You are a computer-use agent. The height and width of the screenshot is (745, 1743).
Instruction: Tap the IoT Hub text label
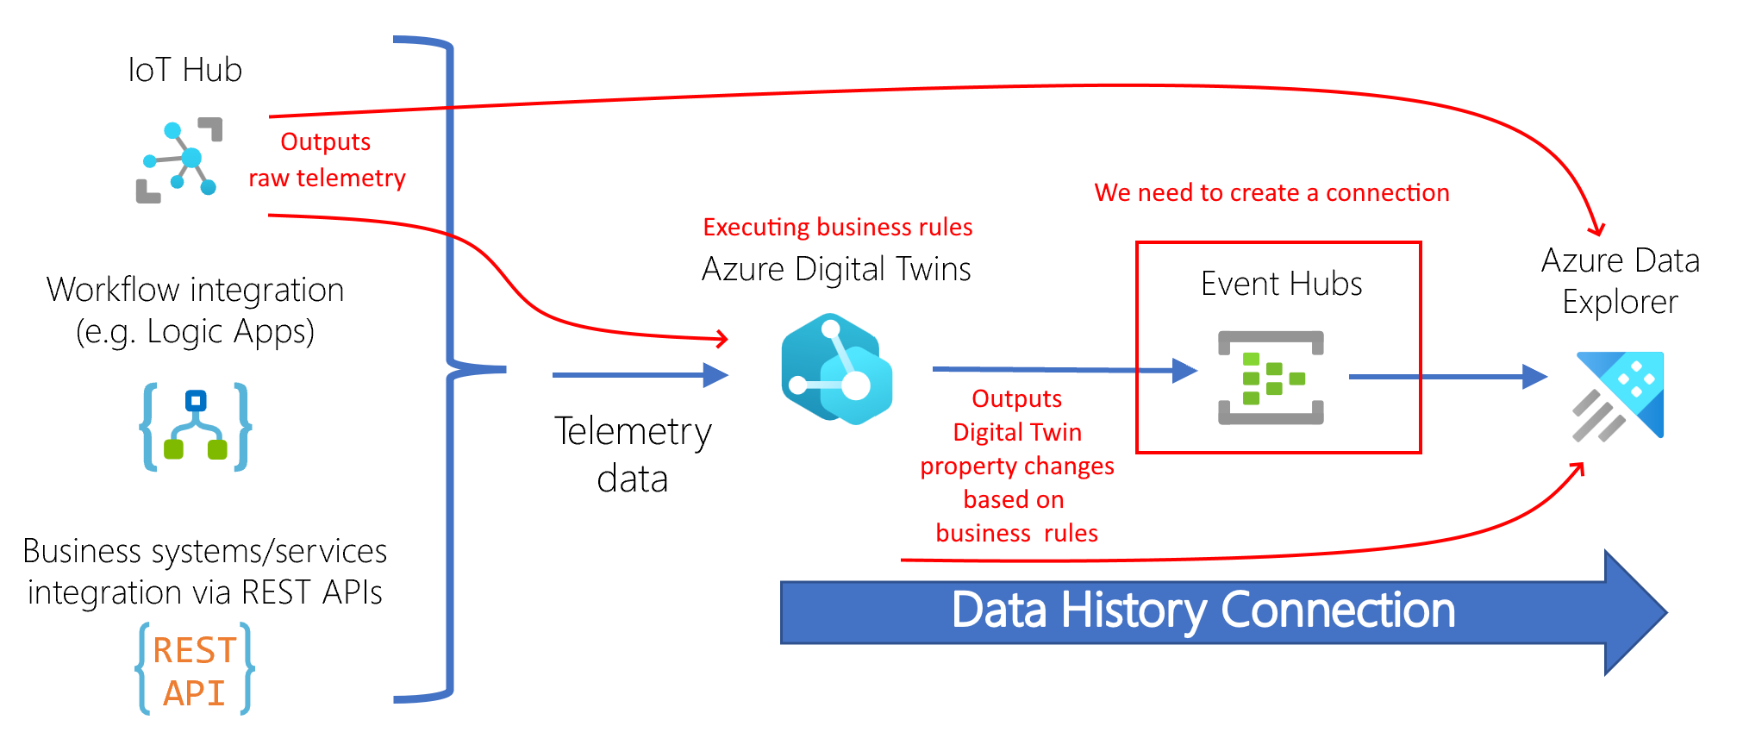[184, 70]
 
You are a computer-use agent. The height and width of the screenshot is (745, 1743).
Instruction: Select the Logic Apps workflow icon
[196, 427]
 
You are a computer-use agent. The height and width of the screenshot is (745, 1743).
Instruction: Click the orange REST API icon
[195, 670]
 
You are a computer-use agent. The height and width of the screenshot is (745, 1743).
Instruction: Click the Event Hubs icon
[1271, 378]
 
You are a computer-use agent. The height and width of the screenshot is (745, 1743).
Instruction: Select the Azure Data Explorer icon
[1619, 396]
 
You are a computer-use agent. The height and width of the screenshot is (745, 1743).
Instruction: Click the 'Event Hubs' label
[1281, 284]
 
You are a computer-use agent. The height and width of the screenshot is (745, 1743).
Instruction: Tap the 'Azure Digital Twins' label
[836, 269]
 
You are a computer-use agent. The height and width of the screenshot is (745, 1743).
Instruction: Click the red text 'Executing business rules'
[837, 227]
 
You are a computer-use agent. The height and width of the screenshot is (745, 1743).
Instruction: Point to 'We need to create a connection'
[1271, 192]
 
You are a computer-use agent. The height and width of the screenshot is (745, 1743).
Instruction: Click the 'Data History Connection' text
[1203, 610]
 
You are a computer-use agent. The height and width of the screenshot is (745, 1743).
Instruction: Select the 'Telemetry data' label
[633, 454]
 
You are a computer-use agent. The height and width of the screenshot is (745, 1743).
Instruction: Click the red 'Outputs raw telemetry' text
[327, 160]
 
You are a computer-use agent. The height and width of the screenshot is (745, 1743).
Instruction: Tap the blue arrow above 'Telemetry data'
[640, 375]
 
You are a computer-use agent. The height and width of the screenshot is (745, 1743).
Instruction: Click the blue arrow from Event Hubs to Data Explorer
[1448, 377]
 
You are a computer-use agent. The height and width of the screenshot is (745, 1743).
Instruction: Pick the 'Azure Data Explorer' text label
[1620, 281]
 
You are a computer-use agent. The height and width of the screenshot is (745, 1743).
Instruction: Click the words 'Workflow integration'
[196, 290]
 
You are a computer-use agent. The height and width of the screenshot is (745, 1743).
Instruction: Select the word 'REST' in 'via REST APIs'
[276, 592]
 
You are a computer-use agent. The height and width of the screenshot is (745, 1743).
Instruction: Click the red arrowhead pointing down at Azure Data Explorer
[1597, 230]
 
